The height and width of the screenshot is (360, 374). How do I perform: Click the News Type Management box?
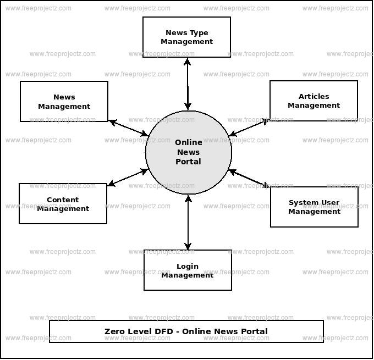pyautogui.click(x=186, y=37)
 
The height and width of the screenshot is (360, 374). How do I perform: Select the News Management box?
pyautogui.click(x=64, y=102)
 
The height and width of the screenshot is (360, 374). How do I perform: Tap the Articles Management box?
pyautogui.click(x=313, y=101)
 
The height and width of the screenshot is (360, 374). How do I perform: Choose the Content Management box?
pyautogui.click(x=63, y=204)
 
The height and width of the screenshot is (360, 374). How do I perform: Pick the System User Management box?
pyautogui.click(x=314, y=207)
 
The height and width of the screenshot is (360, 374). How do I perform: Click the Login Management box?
pyautogui.click(x=188, y=270)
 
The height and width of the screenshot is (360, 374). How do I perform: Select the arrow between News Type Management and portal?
pyautogui.click(x=188, y=84)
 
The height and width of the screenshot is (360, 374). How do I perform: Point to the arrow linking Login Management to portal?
pyautogui.click(x=188, y=222)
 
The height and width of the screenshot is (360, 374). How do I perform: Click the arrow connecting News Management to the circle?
pyautogui.click(x=129, y=128)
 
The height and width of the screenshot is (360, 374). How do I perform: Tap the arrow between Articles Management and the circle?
pyautogui.click(x=249, y=126)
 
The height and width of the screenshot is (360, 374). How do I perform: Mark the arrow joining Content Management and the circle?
pyautogui.click(x=128, y=178)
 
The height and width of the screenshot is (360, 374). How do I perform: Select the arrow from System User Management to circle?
pyautogui.click(x=249, y=179)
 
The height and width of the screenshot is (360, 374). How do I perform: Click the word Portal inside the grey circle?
pyautogui.click(x=188, y=162)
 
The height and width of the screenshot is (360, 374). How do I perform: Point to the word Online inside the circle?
pyautogui.click(x=189, y=142)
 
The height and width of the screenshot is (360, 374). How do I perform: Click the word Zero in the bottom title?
pyautogui.click(x=116, y=331)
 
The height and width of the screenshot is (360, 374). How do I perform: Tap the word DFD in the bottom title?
pyautogui.click(x=163, y=331)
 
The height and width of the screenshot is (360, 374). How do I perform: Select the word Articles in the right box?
pyautogui.click(x=314, y=97)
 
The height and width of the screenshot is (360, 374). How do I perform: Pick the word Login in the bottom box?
pyautogui.click(x=188, y=267)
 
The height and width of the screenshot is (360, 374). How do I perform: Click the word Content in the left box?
pyautogui.click(x=63, y=200)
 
